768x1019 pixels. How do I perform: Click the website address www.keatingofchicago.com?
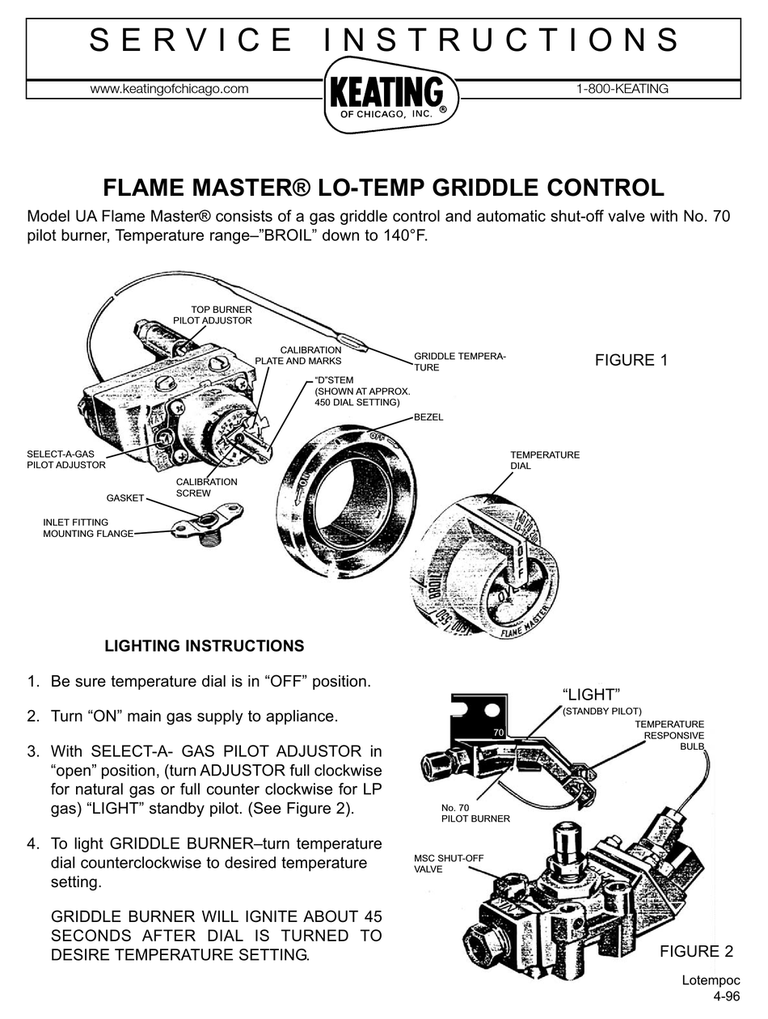click(x=169, y=89)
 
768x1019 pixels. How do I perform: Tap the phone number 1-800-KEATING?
click(x=622, y=89)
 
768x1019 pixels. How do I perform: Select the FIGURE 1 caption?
click(x=631, y=361)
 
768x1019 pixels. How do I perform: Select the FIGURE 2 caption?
click(x=696, y=951)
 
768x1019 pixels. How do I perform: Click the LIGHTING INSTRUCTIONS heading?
click(x=205, y=646)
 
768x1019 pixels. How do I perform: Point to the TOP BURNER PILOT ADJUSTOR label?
click(x=213, y=315)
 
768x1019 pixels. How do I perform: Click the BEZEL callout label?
click(x=428, y=417)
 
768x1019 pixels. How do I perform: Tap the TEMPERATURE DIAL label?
click(x=544, y=460)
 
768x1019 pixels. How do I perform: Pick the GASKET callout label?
click(x=124, y=498)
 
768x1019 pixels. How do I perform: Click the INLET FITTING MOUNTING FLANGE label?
click(x=87, y=527)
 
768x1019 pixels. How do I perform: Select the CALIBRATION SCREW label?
click(x=206, y=487)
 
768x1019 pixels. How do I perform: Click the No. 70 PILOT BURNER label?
click(x=475, y=813)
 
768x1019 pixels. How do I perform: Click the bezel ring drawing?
click(x=344, y=493)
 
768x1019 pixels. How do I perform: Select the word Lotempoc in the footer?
click(x=711, y=980)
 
